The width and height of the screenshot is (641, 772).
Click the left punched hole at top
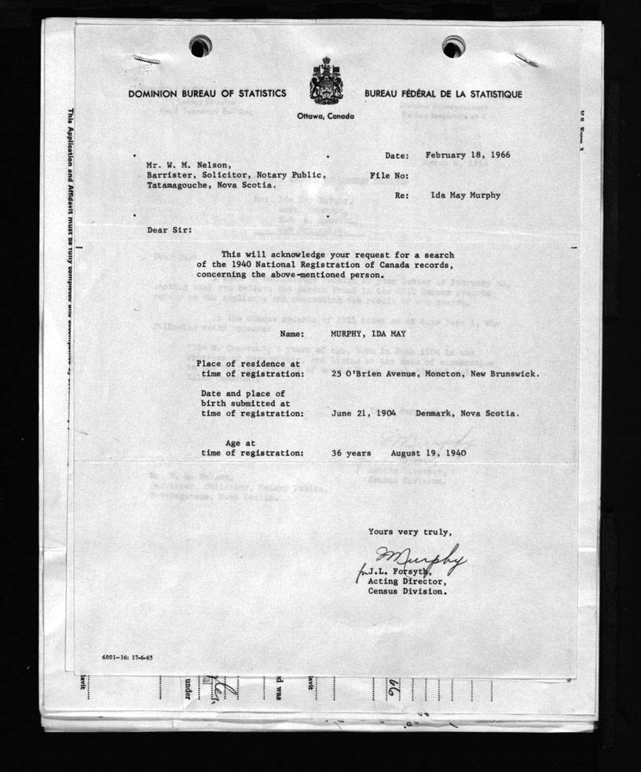click(200, 46)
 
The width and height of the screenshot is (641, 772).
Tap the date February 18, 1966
click(467, 155)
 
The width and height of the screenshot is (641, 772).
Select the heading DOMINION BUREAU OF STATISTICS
click(207, 94)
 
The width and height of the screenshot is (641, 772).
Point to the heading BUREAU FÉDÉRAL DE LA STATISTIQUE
click(443, 94)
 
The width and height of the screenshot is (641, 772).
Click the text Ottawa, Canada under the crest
click(326, 116)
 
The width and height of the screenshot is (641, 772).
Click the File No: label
click(389, 175)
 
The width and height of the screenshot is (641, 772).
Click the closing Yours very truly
click(410, 532)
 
